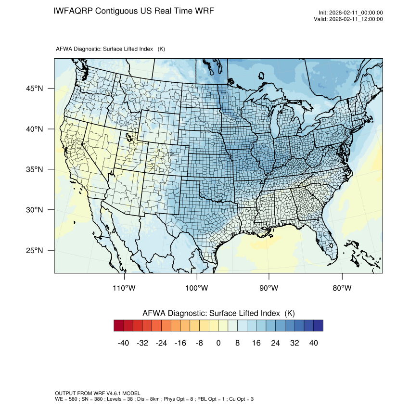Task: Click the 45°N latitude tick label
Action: pyautogui.click(x=35, y=89)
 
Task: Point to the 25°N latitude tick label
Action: pyautogui.click(x=35, y=250)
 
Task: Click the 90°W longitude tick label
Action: pyautogui.click(x=269, y=288)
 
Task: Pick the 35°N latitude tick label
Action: pyautogui.click(x=35, y=169)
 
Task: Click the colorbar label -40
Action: pyautogui.click(x=123, y=343)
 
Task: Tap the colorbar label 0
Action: pyautogui.click(x=218, y=343)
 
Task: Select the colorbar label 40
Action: pyautogui.click(x=313, y=343)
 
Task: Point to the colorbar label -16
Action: pyautogui.click(x=180, y=343)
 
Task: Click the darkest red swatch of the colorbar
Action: pyautogui.click(x=119, y=326)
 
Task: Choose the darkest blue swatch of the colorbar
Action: pyautogui.click(x=318, y=326)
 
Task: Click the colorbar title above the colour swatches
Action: pyautogui.click(x=218, y=313)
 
